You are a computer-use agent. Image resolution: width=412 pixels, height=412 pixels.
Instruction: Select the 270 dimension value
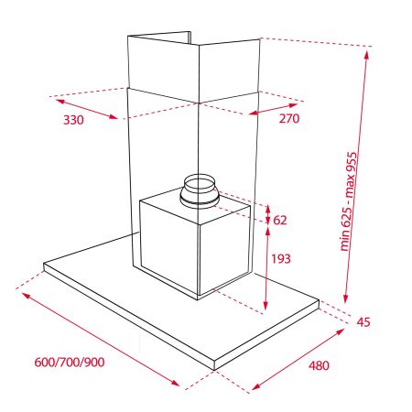(x=288, y=119)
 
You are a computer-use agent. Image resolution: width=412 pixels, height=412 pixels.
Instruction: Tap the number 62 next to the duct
(x=280, y=220)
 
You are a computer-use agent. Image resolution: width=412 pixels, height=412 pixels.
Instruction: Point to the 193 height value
(x=281, y=259)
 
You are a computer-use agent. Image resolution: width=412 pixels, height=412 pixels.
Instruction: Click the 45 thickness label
(x=363, y=321)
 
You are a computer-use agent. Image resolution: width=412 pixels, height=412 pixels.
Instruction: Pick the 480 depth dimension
(x=318, y=366)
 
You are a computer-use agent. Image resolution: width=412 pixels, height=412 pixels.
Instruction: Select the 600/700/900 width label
(x=69, y=362)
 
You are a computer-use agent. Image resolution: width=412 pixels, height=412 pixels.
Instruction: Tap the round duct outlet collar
(x=199, y=190)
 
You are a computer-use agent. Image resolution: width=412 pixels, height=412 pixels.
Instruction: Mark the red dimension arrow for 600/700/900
(x=101, y=339)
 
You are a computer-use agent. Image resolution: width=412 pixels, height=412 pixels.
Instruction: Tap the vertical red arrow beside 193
(x=266, y=266)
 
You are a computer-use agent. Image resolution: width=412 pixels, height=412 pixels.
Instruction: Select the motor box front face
(x=169, y=247)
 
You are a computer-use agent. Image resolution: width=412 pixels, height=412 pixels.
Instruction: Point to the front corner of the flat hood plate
(x=214, y=368)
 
